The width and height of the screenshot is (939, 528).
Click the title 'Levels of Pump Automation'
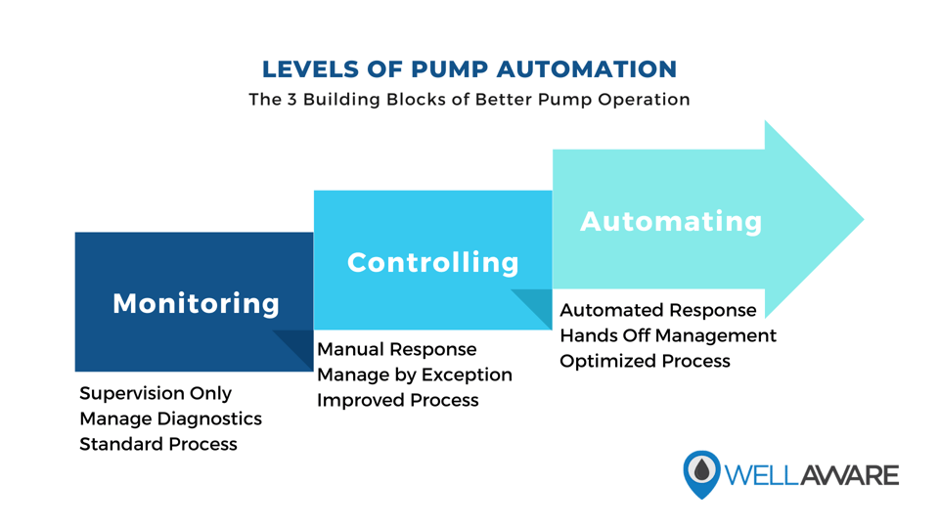(469, 69)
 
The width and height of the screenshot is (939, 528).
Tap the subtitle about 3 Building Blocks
(469, 100)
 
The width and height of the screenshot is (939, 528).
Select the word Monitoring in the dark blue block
(196, 303)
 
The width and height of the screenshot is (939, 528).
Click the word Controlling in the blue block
(433, 262)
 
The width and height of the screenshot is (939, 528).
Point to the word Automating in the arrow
(671, 221)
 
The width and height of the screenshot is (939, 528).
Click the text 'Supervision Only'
(156, 393)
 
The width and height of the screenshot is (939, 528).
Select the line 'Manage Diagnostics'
(170, 418)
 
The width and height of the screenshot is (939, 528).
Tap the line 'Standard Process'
(158, 444)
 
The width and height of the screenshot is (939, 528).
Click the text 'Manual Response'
(396, 349)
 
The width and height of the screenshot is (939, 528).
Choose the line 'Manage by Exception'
(414, 374)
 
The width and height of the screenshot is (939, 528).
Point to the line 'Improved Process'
(397, 400)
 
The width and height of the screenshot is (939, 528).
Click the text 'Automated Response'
(657, 310)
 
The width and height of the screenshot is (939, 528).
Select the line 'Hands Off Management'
(667, 335)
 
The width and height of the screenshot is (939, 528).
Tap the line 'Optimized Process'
(645, 361)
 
